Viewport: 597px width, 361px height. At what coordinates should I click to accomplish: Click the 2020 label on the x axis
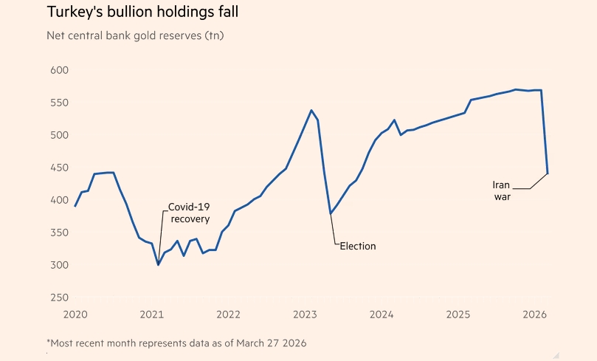(75, 315)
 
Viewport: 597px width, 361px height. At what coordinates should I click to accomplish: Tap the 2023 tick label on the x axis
(306, 315)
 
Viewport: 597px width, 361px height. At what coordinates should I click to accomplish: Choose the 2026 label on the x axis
(535, 315)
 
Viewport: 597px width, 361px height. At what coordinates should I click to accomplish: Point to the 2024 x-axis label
(382, 315)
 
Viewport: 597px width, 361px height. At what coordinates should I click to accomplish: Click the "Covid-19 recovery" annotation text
(189, 213)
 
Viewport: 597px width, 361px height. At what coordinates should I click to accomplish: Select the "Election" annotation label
(357, 246)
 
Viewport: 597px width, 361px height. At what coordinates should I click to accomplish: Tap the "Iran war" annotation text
(502, 190)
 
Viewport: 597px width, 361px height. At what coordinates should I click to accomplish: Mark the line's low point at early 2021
(158, 264)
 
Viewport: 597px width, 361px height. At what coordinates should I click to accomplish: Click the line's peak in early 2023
(311, 111)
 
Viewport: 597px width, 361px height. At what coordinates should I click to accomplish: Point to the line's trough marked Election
(331, 214)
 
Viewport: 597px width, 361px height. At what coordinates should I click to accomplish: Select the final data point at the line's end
(547, 173)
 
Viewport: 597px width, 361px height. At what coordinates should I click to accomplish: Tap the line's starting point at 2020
(75, 206)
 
